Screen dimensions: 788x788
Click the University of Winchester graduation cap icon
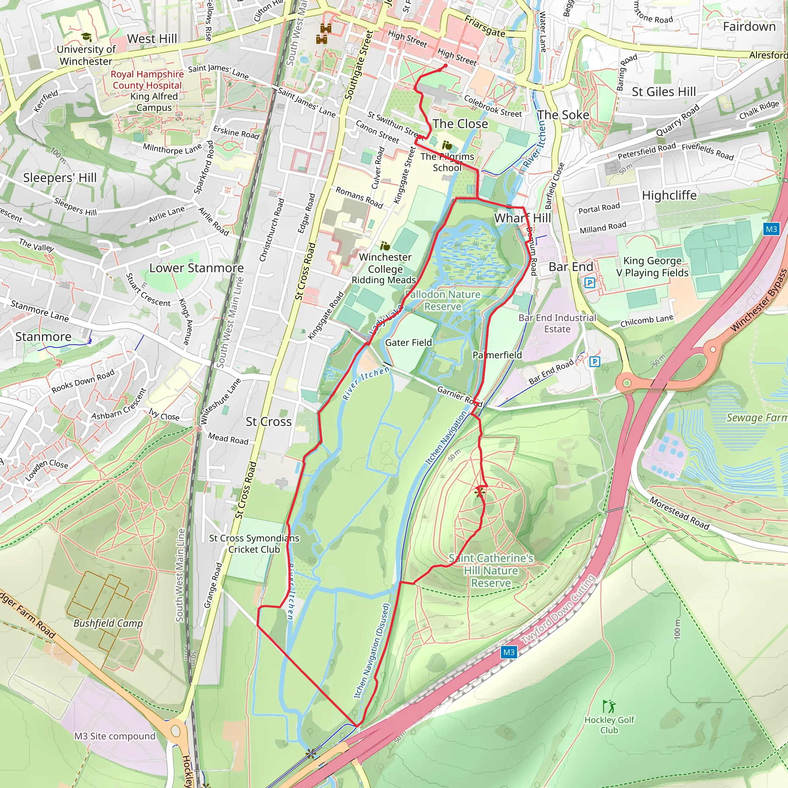86,37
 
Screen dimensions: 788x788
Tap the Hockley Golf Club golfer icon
609,706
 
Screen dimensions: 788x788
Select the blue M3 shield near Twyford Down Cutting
509,652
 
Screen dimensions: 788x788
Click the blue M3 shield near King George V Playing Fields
771,229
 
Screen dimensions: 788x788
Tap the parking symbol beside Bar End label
589,282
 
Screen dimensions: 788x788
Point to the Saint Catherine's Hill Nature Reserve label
491,571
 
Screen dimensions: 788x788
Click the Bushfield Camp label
108,623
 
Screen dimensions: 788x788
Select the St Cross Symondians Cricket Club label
254,544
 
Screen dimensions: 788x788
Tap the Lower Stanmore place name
196,268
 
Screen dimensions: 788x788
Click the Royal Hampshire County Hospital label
147,80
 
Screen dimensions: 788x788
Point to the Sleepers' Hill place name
60,178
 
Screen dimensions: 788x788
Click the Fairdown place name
749,27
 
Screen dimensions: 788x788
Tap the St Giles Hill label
664,92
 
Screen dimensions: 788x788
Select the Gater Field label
408,342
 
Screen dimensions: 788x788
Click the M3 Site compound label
115,736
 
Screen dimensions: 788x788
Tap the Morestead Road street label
679,513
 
